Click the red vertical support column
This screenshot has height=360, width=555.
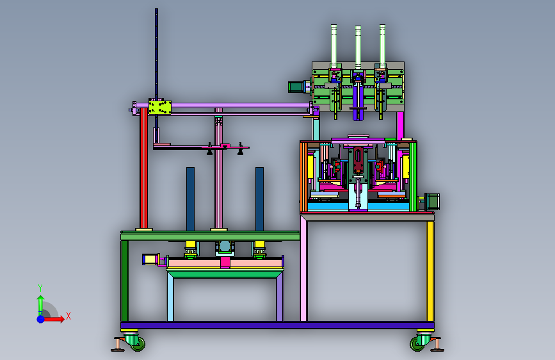pyautogui.click(x=143, y=168)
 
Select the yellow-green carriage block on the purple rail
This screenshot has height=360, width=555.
pyautogui.click(x=160, y=108)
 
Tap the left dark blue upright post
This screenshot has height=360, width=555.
pyautogui.click(x=190, y=199)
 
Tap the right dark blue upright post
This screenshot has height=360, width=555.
pyautogui.click(x=259, y=199)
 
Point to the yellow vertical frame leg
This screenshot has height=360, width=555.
pyautogui.click(x=430, y=271)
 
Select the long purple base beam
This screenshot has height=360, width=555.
pyautogui.click(x=277, y=325)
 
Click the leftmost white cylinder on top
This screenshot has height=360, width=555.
pyautogui.click(x=334, y=44)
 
